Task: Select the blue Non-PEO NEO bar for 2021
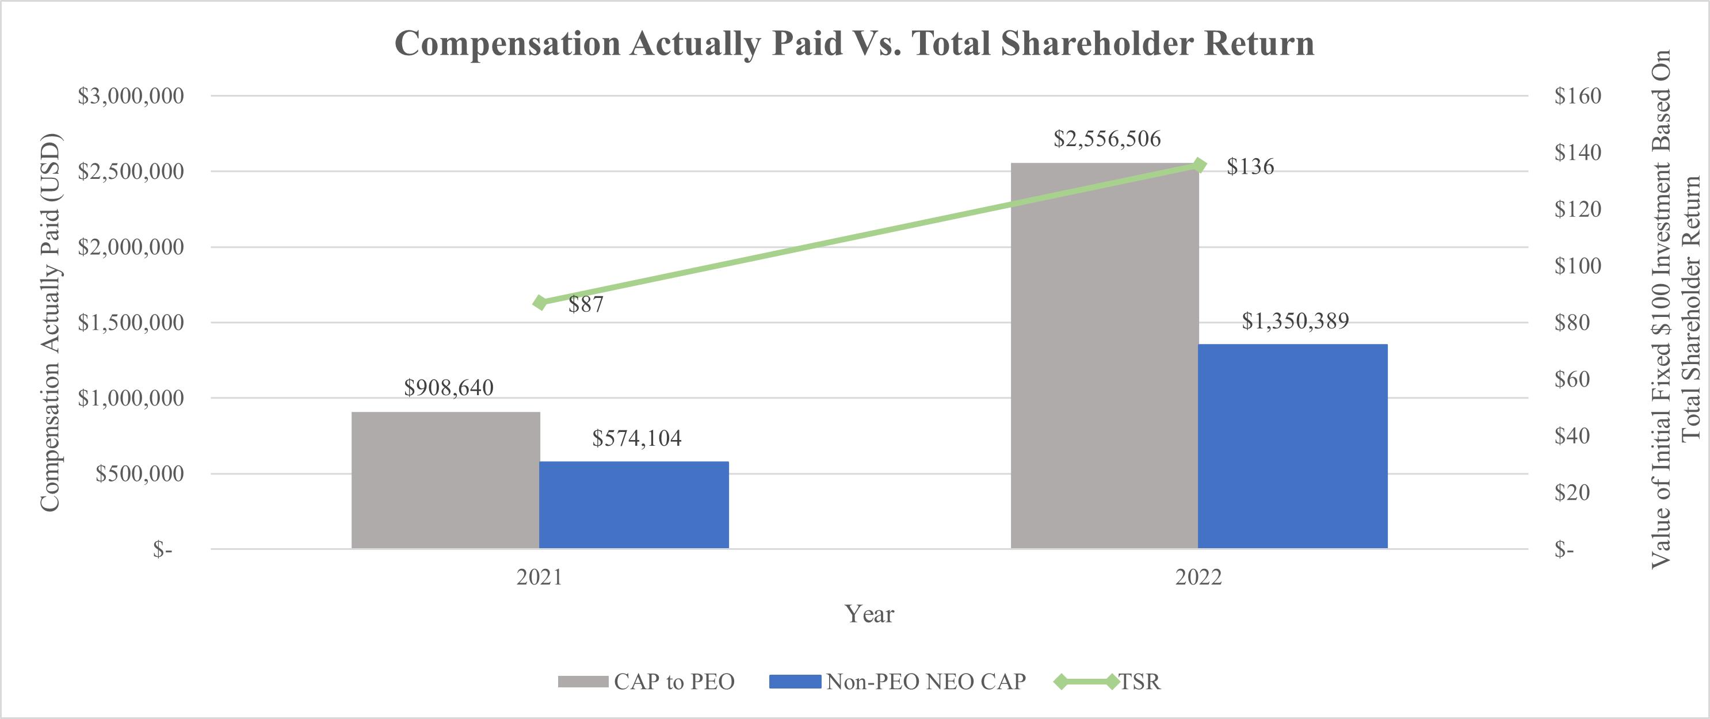pyautogui.click(x=634, y=504)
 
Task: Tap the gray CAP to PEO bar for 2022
pyautogui.click(x=1105, y=356)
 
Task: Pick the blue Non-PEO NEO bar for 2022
pyautogui.click(x=1292, y=446)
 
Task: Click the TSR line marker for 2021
pyautogui.click(x=540, y=303)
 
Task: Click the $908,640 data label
pyautogui.click(x=449, y=388)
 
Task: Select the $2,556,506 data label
pyautogui.click(x=1107, y=139)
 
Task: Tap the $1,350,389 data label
pyautogui.click(x=1295, y=322)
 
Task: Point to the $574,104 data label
pyautogui.click(x=636, y=438)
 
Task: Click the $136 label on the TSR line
pyautogui.click(x=1250, y=167)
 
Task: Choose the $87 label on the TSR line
pyautogui.click(x=586, y=305)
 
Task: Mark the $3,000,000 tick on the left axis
pyautogui.click(x=131, y=96)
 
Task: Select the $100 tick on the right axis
pyautogui.click(x=1577, y=266)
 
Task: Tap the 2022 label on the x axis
pyautogui.click(x=1198, y=578)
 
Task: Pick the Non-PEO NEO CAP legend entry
pyautogui.click(x=925, y=682)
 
